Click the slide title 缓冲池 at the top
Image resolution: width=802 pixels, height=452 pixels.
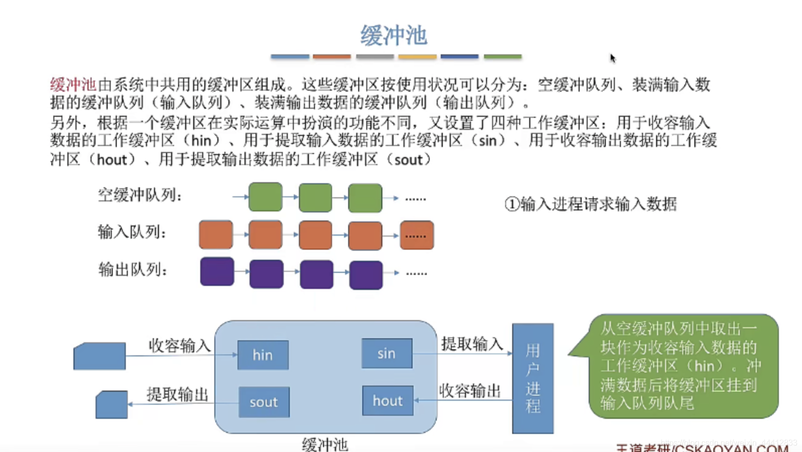(393, 35)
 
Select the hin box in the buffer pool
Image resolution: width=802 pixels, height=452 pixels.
(263, 355)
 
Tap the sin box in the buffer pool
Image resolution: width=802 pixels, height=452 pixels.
(386, 353)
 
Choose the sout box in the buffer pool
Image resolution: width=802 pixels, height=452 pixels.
(264, 402)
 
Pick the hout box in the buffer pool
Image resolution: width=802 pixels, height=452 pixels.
(387, 401)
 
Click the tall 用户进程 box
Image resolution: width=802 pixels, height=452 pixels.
(533, 379)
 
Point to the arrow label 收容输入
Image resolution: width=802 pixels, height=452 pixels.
(179, 345)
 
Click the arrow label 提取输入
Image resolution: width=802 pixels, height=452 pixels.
(472, 344)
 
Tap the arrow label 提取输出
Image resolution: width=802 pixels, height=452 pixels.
(177, 394)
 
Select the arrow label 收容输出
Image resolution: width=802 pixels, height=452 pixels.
(470, 391)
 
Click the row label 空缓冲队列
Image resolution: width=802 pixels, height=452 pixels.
(139, 195)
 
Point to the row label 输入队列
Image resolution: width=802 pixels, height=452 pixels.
(132, 232)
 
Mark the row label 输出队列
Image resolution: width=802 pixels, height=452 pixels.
(133, 270)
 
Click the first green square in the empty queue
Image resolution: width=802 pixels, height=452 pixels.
(265, 197)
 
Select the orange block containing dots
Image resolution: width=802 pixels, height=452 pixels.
(417, 235)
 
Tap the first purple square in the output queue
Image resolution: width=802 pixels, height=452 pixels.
(217, 271)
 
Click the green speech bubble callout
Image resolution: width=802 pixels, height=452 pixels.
(682, 366)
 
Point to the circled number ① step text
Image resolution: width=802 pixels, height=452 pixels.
(591, 204)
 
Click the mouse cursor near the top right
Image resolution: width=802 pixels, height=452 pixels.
(612, 58)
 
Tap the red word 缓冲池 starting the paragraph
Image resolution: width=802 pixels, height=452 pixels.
(72, 84)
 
